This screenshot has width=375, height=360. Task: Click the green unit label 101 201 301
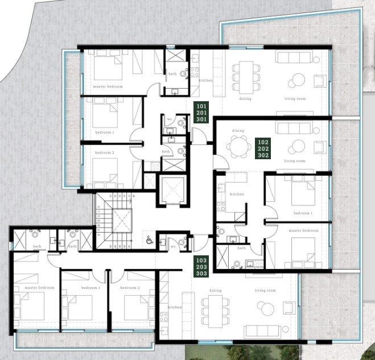pos(201,113)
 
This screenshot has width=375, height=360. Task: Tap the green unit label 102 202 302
pos(263,148)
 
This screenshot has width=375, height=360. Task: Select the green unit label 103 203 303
pos(201,267)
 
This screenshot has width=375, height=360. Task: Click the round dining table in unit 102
pos(238,147)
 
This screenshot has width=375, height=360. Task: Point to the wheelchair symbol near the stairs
pos(150,240)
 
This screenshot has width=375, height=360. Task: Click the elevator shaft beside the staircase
pos(173,190)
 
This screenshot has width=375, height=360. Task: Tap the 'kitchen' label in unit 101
pos(205,81)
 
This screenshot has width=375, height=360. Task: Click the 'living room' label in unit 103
pos(265,291)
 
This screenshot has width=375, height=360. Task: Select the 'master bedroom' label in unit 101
pos(108,86)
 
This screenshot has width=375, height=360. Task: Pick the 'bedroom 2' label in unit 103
pos(130,288)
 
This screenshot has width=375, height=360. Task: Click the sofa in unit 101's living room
pos(294,56)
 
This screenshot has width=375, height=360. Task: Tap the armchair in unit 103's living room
pos(290,307)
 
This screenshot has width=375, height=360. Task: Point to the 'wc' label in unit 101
pos(170,119)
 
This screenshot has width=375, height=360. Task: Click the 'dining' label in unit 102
pos(238,130)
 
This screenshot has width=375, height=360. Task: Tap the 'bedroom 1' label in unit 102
pos(303,213)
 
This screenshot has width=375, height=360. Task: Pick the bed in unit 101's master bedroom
pos(108,68)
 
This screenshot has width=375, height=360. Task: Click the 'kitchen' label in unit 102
pos(237,194)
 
